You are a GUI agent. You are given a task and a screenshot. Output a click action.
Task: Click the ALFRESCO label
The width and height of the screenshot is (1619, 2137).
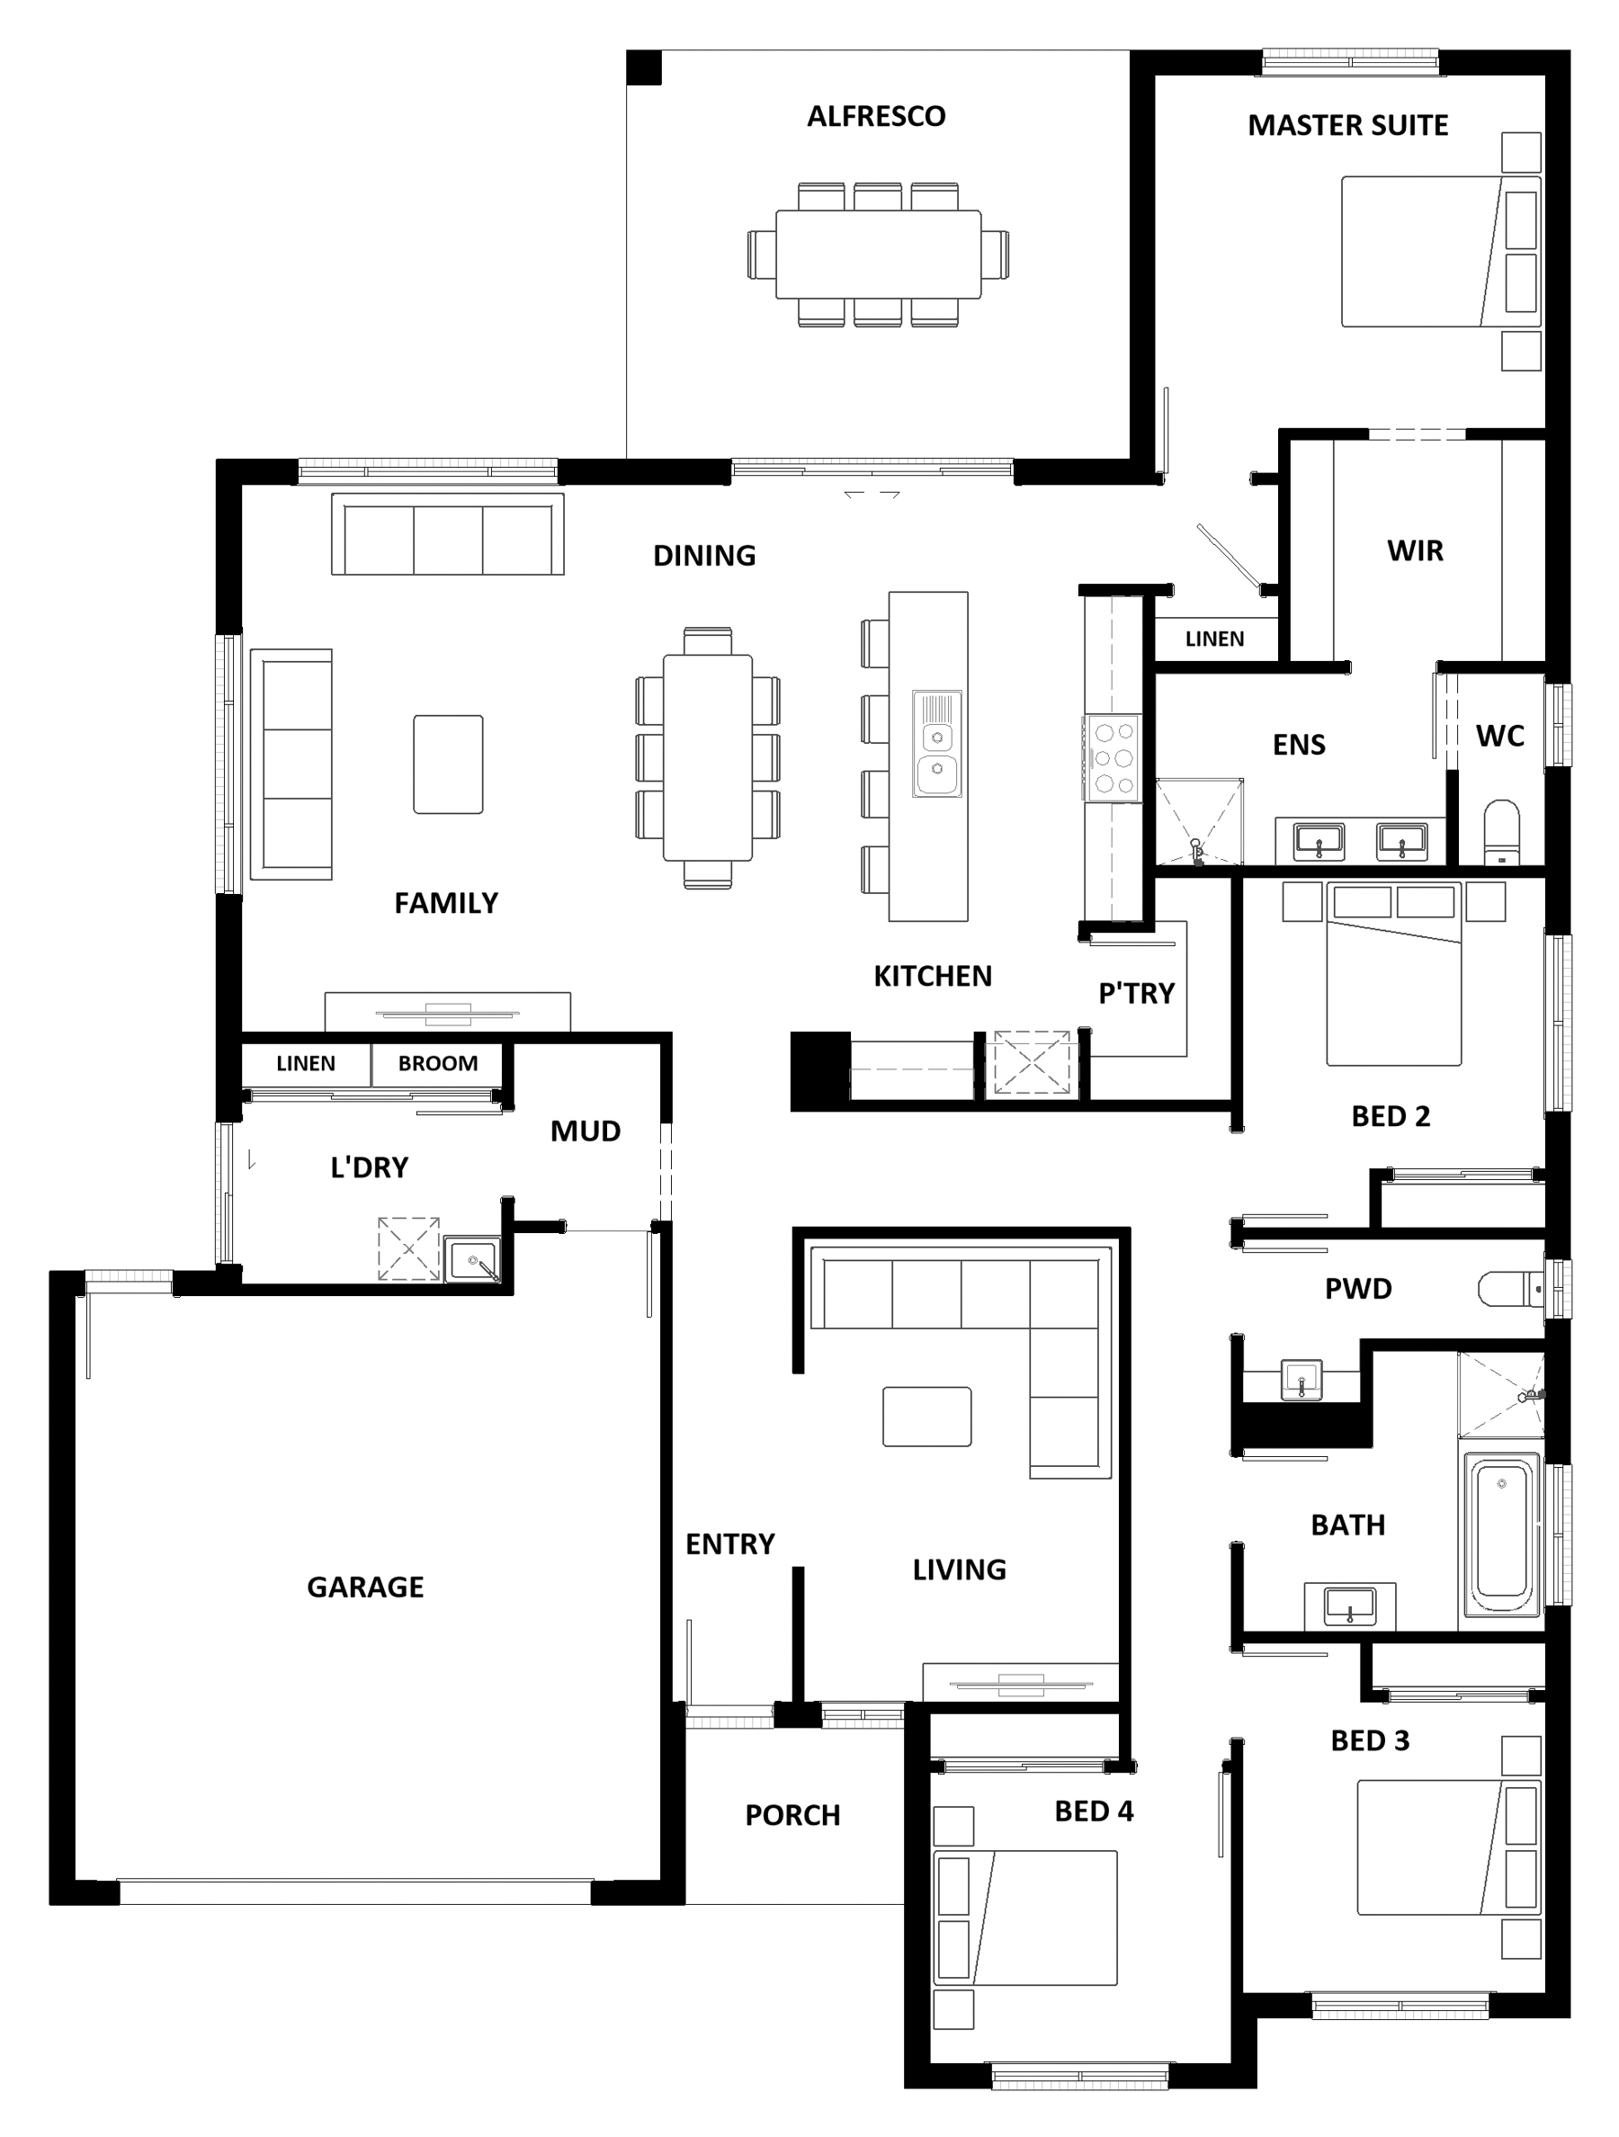[x=876, y=116]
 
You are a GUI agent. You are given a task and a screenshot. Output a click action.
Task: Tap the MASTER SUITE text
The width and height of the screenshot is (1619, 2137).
[x=1347, y=126]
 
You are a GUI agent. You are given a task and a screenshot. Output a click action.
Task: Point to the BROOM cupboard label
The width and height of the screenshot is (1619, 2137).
[x=438, y=1064]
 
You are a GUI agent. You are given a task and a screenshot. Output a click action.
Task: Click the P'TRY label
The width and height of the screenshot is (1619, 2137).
[x=1136, y=993]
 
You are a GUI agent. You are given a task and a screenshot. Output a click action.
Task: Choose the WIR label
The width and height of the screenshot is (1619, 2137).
[x=1415, y=550]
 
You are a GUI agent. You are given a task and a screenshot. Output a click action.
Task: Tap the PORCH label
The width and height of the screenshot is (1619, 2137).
[x=792, y=1815]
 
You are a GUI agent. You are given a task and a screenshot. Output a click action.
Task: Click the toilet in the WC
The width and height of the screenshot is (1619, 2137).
[x=1501, y=832]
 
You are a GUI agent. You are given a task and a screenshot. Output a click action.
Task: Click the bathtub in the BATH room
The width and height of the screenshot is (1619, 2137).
[x=1501, y=1535]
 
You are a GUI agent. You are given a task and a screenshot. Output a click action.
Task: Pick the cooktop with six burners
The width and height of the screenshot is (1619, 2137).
[x=1113, y=758]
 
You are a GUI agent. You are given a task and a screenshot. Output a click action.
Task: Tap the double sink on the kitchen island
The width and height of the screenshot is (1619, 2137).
[x=936, y=744]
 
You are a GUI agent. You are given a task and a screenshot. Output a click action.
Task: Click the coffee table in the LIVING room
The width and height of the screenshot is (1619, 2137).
[x=927, y=1417]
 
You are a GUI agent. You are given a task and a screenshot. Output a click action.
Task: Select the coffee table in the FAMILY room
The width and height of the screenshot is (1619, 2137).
[x=448, y=764]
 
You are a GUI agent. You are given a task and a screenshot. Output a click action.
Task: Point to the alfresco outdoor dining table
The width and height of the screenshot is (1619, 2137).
[x=878, y=254]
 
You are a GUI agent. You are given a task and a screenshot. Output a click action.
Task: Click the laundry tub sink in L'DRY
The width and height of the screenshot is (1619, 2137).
[x=473, y=1262]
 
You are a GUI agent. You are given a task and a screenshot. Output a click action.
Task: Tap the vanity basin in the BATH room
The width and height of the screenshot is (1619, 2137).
[x=1349, y=1605]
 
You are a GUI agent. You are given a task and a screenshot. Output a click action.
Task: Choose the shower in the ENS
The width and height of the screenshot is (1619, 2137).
[x=1200, y=821]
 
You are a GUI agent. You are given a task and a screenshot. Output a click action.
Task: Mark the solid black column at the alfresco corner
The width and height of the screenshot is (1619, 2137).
[x=643, y=67]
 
